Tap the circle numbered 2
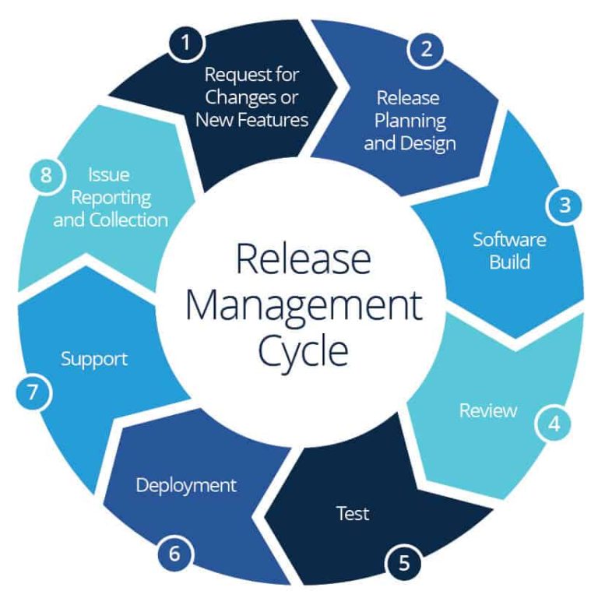426,49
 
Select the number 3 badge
565,206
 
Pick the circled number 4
554,424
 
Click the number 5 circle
403,561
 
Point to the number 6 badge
175,554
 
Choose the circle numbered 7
32,392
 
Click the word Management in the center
303,304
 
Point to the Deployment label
186,486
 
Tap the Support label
94,360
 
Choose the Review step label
487,410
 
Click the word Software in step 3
509,239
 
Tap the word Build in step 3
509,261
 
